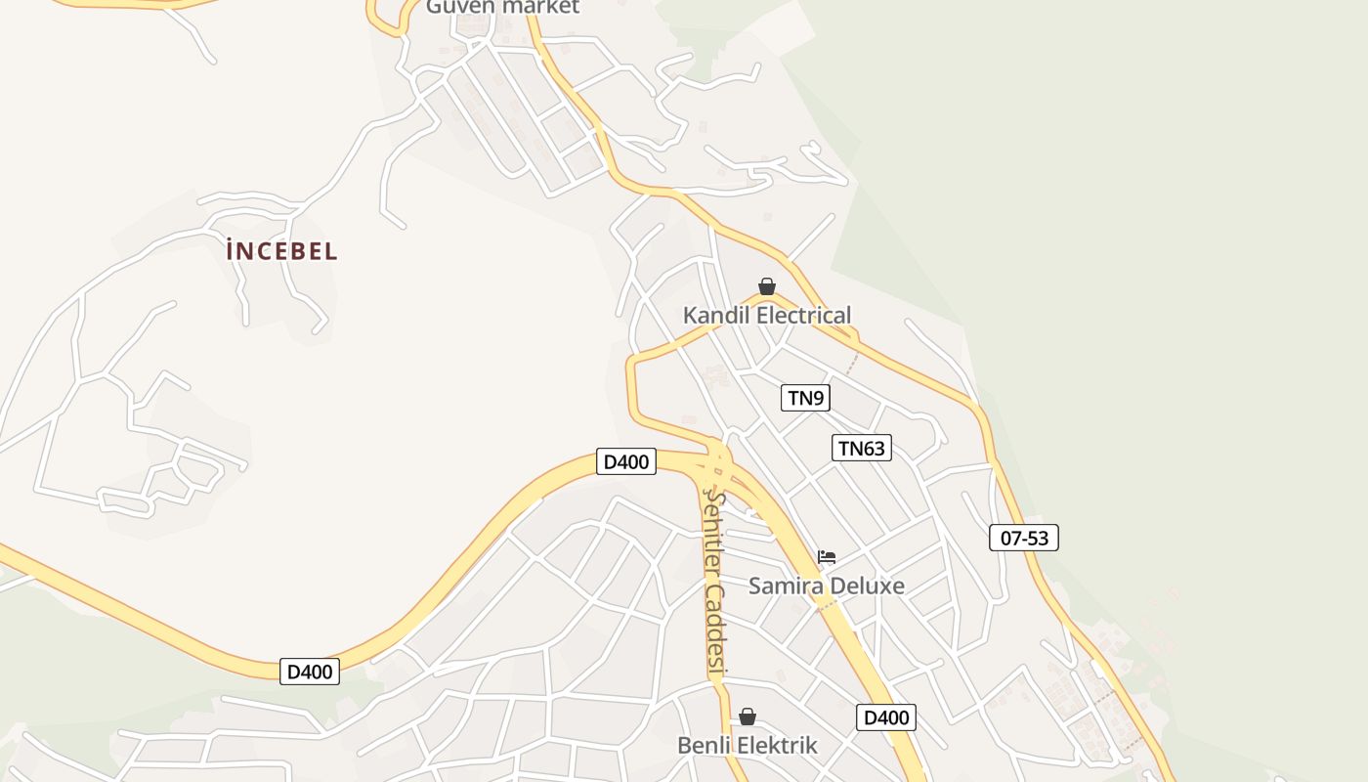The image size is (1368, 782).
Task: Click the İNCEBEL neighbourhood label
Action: point(281,251)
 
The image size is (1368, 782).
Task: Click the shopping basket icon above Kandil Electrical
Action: point(767,286)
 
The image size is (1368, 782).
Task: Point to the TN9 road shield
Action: point(806,398)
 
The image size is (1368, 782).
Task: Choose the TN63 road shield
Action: point(862,449)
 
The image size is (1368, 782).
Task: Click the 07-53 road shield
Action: point(1024,538)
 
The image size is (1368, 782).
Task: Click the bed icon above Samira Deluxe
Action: point(827,557)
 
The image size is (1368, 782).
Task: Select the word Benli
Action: point(705,746)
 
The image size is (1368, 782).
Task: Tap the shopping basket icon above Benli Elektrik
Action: point(748,717)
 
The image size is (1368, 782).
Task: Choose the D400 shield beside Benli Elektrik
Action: point(887,717)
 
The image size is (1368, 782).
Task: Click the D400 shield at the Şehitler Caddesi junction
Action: point(626,461)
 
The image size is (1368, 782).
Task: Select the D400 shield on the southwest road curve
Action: point(310,672)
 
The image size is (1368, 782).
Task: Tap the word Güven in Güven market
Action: point(459,6)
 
